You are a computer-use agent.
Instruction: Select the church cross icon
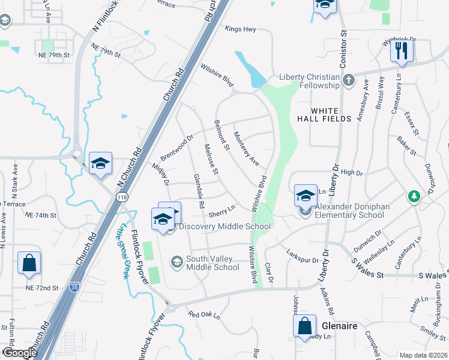coord(349,78)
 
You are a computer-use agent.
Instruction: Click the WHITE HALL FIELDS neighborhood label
coord(324,115)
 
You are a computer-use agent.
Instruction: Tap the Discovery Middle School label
coord(224,226)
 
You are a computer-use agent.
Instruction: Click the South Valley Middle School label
coord(212,263)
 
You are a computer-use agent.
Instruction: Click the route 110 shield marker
coord(122,197)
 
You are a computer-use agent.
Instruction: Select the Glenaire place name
coord(340,325)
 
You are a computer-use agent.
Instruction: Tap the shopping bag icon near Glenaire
coord(305,326)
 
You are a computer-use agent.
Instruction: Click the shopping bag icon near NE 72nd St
coord(29,262)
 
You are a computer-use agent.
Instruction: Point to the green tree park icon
coord(414,196)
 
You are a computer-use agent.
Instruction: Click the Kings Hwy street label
coord(241,29)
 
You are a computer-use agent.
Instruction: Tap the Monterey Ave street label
coord(246,148)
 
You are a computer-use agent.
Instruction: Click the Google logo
coord(20,353)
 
